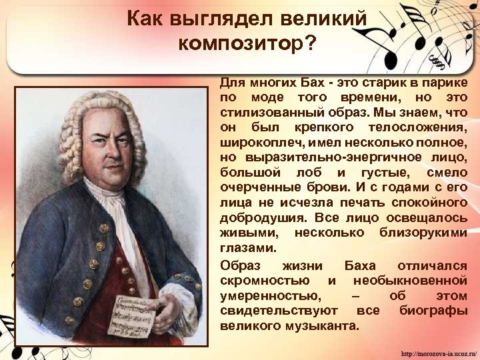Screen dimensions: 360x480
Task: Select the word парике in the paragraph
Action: (x=447, y=83)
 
